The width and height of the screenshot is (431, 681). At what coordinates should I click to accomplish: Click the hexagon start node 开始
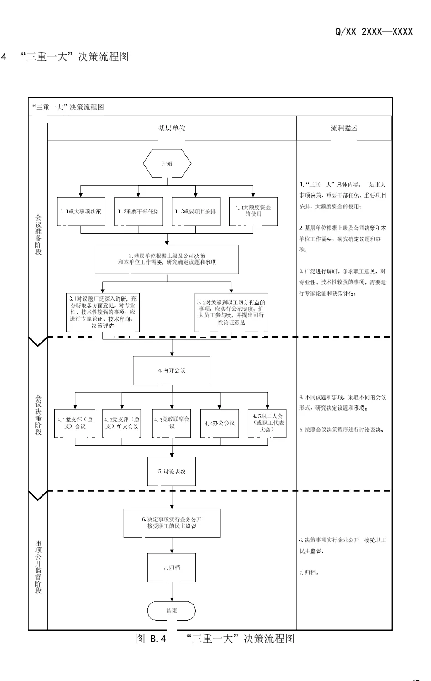(x=167, y=163)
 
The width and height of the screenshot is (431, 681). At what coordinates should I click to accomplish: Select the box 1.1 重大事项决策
(x=81, y=212)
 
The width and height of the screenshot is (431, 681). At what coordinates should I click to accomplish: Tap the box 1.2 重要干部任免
(x=138, y=212)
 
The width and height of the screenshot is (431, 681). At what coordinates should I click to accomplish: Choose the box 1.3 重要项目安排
(x=196, y=212)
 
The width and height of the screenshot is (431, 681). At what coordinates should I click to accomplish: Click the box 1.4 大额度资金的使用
(x=253, y=211)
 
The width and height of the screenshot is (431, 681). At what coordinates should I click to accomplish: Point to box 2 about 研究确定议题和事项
(x=167, y=259)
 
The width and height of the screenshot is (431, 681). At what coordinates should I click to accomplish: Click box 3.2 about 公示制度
(x=231, y=312)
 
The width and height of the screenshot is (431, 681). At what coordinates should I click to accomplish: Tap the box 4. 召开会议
(x=172, y=370)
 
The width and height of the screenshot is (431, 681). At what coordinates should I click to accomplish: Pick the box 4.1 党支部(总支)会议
(x=74, y=423)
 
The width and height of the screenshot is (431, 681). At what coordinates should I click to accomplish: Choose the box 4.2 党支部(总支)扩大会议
(x=121, y=423)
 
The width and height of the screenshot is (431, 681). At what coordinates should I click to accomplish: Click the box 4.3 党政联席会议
(x=172, y=423)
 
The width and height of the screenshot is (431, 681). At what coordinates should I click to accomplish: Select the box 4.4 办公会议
(x=220, y=423)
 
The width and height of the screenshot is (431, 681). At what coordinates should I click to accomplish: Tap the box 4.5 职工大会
(x=267, y=423)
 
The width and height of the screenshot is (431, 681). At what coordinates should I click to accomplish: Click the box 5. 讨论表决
(x=172, y=471)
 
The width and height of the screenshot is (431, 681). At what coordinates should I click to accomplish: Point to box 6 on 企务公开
(x=172, y=523)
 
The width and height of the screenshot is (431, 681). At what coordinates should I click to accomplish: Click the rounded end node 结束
(x=171, y=611)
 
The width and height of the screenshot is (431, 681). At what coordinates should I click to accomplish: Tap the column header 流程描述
(x=344, y=128)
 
